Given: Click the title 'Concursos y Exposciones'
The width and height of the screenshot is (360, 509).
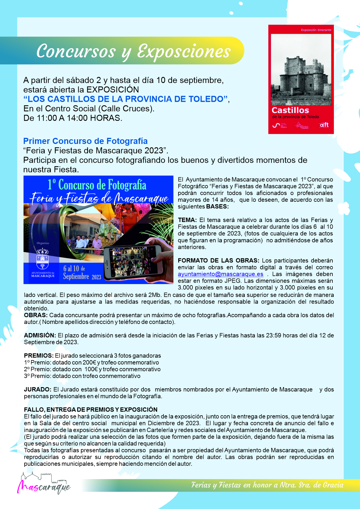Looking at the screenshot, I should [134, 51].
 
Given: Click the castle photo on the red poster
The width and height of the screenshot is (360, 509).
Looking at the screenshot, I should [301, 70].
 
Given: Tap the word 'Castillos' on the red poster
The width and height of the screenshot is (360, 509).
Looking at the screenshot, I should [290, 110].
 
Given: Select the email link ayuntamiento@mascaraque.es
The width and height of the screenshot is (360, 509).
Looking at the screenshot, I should [221, 274].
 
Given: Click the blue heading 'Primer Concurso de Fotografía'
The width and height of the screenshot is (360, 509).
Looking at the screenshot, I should [85, 141].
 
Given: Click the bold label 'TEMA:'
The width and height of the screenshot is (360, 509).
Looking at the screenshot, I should [187, 220].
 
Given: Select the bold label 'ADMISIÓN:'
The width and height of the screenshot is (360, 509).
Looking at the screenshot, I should [40, 335].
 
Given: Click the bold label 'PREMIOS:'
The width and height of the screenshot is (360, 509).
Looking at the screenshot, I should [39, 356].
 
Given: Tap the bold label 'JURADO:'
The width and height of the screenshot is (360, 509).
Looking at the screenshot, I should [38, 389].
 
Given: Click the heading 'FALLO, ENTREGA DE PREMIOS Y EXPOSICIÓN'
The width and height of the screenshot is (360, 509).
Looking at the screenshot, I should [91, 409].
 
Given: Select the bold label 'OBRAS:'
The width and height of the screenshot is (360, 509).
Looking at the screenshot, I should [35, 315].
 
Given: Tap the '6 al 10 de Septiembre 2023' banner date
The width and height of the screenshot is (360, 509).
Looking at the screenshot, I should [82, 272].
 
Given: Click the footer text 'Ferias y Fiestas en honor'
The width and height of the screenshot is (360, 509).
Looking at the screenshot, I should [232, 485].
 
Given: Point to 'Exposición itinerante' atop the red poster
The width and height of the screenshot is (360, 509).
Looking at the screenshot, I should [316, 30].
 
